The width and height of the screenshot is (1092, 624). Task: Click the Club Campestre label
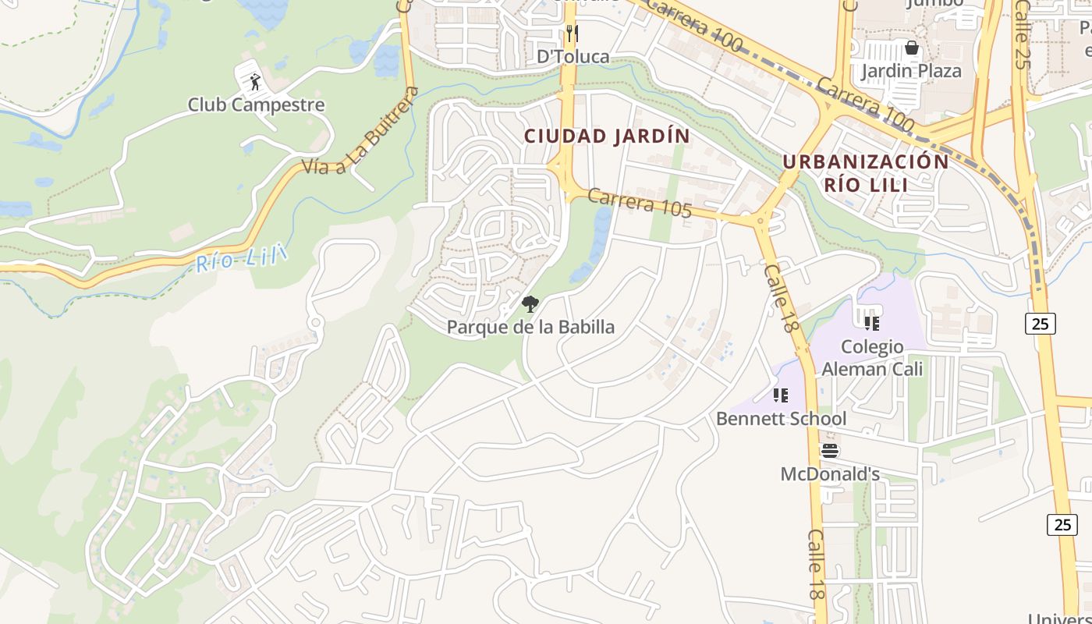[x=256, y=105]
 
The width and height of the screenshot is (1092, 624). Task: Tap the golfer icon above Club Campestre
[x=255, y=80]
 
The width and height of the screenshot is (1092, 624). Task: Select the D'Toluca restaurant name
[x=573, y=57]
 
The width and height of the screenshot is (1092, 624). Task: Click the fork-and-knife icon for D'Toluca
[x=573, y=33]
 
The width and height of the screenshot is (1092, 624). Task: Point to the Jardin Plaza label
[x=911, y=71]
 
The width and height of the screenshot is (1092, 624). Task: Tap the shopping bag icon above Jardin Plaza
[x=911, y=48]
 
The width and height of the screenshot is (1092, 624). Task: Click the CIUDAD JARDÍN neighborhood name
[x=607, y=136]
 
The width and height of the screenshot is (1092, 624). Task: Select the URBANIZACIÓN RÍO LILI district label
[x=866, y=173]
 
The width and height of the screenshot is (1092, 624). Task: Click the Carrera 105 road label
[x=640, y=203]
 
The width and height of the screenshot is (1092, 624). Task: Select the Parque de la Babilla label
[x=530, y=327]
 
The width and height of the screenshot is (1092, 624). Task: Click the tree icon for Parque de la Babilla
[x=530, y=304]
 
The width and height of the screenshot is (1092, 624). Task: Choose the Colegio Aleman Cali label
[x=872, y=357]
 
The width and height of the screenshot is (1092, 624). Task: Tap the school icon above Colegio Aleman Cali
[x=871, y=323]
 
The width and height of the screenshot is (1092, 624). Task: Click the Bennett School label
[x=781, y=419]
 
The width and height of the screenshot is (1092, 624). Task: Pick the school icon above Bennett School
[x=781, y=395]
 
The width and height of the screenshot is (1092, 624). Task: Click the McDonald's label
[x=830, y=474]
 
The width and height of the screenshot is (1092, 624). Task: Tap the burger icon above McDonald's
[x=829, y=451]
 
